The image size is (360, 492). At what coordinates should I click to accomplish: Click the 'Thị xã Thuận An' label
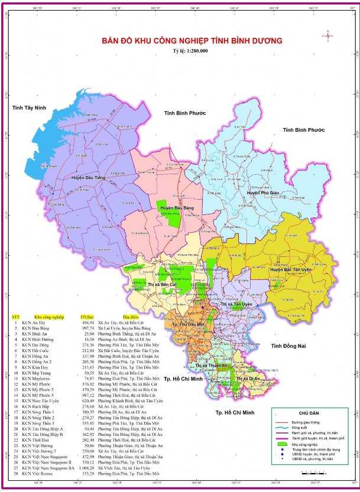pyautogui.click(x=210, y=366)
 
